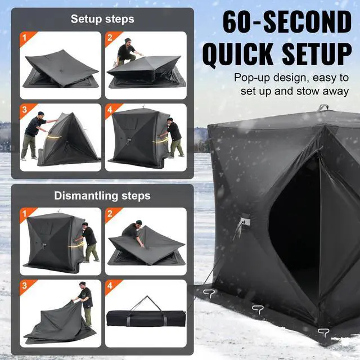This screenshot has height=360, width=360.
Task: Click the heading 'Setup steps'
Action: tap(102, 19)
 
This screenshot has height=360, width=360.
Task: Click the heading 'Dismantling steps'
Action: tap(102, 196)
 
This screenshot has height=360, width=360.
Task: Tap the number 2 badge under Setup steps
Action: tap(110, 37)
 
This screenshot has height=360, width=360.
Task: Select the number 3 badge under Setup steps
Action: tap(24, 109)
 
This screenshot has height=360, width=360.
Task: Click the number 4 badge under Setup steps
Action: tap(110, 109)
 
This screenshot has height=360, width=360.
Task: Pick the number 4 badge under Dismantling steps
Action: tap(110, 285)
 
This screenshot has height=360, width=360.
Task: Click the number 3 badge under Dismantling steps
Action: tap(24, 285)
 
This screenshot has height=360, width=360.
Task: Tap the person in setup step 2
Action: tap(126, 52)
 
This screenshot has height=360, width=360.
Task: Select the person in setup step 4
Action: tap(174, 137)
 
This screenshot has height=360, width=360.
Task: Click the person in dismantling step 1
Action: tap(89, 241)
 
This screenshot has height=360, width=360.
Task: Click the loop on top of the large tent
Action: tap(323, 107)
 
